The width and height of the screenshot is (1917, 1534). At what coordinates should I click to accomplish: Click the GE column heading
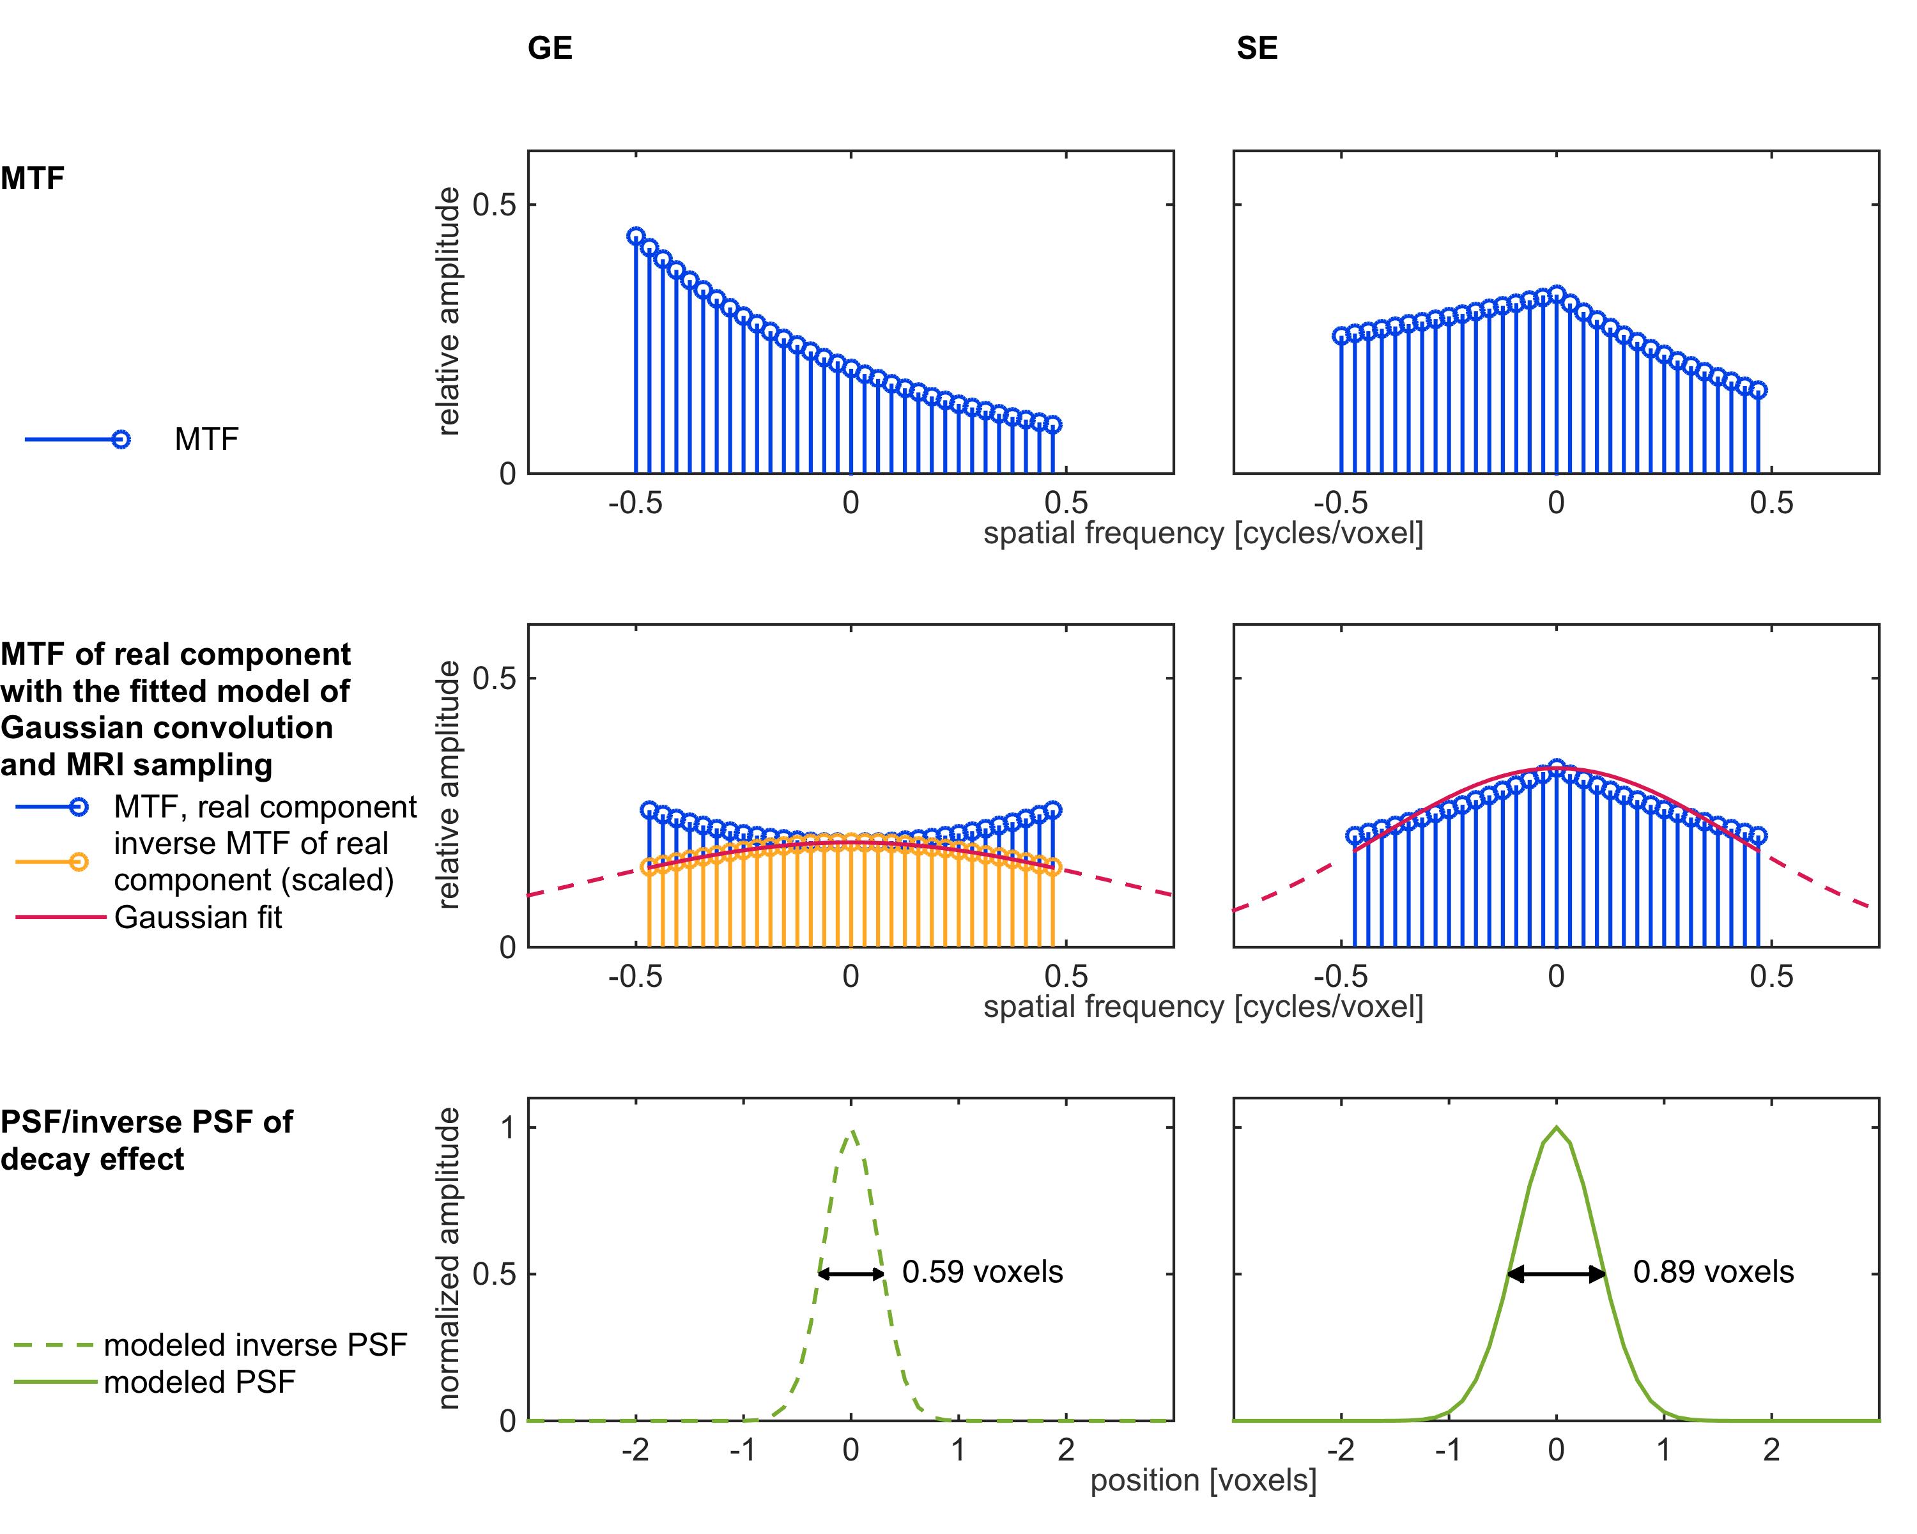(x=550, y=48)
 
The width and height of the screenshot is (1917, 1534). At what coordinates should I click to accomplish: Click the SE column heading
(x=1256, y=48)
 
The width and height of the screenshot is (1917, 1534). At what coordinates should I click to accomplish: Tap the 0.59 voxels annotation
(x=982, y=1272)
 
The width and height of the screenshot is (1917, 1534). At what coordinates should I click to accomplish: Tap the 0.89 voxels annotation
(x=1713, y=1272)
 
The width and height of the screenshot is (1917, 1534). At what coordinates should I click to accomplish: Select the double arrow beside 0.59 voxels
(x=851, y=1273)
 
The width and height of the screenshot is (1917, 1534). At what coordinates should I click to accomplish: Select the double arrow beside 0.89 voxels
(x=1556, y=1273)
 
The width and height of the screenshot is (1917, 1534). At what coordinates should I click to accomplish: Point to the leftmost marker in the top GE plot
(x=636, y=236)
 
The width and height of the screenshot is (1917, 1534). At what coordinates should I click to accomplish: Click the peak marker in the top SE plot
(x=1556, y=293)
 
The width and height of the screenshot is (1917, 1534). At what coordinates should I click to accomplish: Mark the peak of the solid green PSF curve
(x=1556, y=1127)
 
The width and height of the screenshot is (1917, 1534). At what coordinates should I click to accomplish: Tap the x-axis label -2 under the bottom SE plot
(x=1340, y=1450)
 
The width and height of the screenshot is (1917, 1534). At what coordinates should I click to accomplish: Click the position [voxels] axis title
(x=1203, y=1480)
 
